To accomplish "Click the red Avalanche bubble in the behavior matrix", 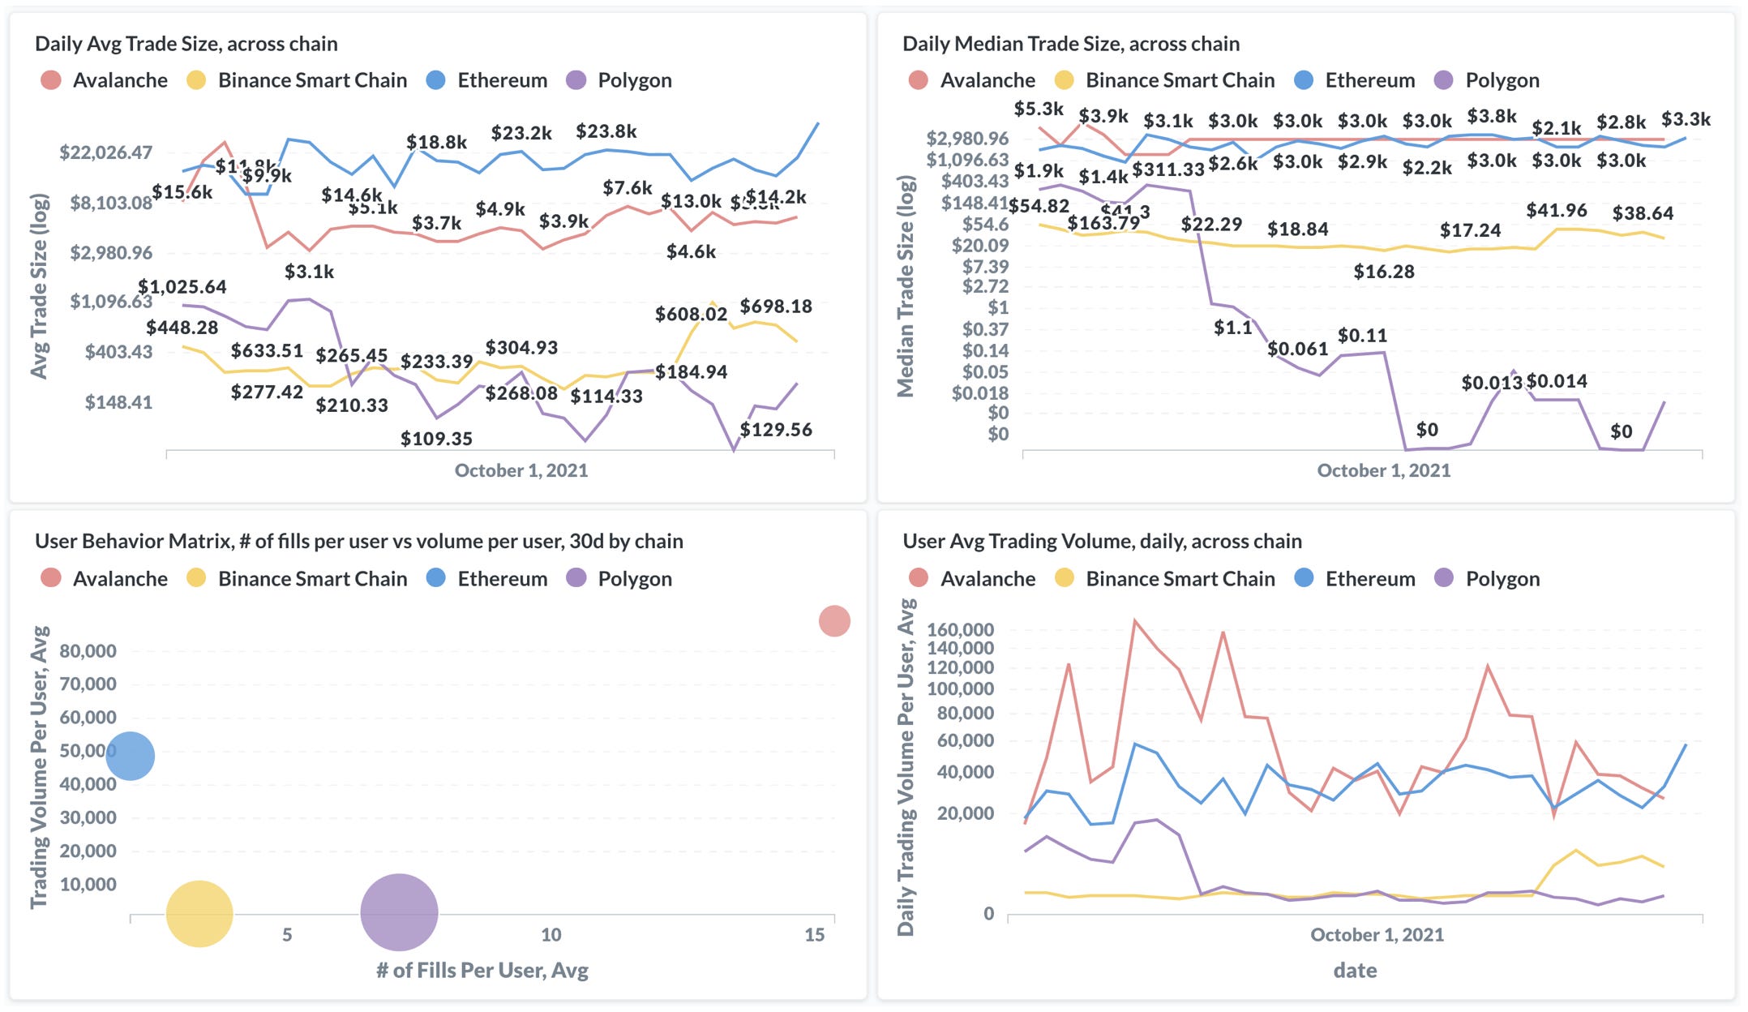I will pyautogui.click(x=833, y=621).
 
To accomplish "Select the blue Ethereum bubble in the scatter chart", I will pyautogui.click(x=130, y=756).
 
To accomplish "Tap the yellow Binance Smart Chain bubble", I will pyautogui.click(x=199, y=914).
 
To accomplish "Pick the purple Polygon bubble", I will pyautogui.click(x=399, y=912).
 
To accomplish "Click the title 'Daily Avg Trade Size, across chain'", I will pyautogui.click(x=186, y=44).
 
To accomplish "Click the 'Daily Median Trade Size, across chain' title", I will pyautogui.click(x=1070, y=44).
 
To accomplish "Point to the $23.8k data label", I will pyautogui.click(x=606, y=131).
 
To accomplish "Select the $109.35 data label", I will pyautogui.click(x=436, y=439).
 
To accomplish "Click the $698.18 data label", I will pyautogui.click(x=775, y=307).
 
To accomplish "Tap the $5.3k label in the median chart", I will pyautogui.click(x=1039, y=109).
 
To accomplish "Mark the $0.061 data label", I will pyautogui.click(x=1297, y=349).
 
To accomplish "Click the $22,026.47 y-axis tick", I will pyautogui.click(x=105, y=152).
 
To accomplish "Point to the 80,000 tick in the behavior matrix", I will pyautogui.click(x=88, y=651).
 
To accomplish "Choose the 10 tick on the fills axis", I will pyautogui.click(x=551, y=935).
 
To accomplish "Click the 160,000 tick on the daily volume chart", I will pyautogui.click(x=960, y=629).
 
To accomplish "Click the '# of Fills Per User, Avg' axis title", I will pyautogui.click(x=482, y=970).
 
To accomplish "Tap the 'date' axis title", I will pyautogui.click(x=1355, y=970).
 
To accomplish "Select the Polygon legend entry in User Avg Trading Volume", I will pyautogui.click(x=1502, y=579).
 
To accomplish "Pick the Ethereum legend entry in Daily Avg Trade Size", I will pyautogui.click(x=501, y=80).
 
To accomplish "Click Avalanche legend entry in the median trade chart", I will pyautogui.click(x=987, y=80).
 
